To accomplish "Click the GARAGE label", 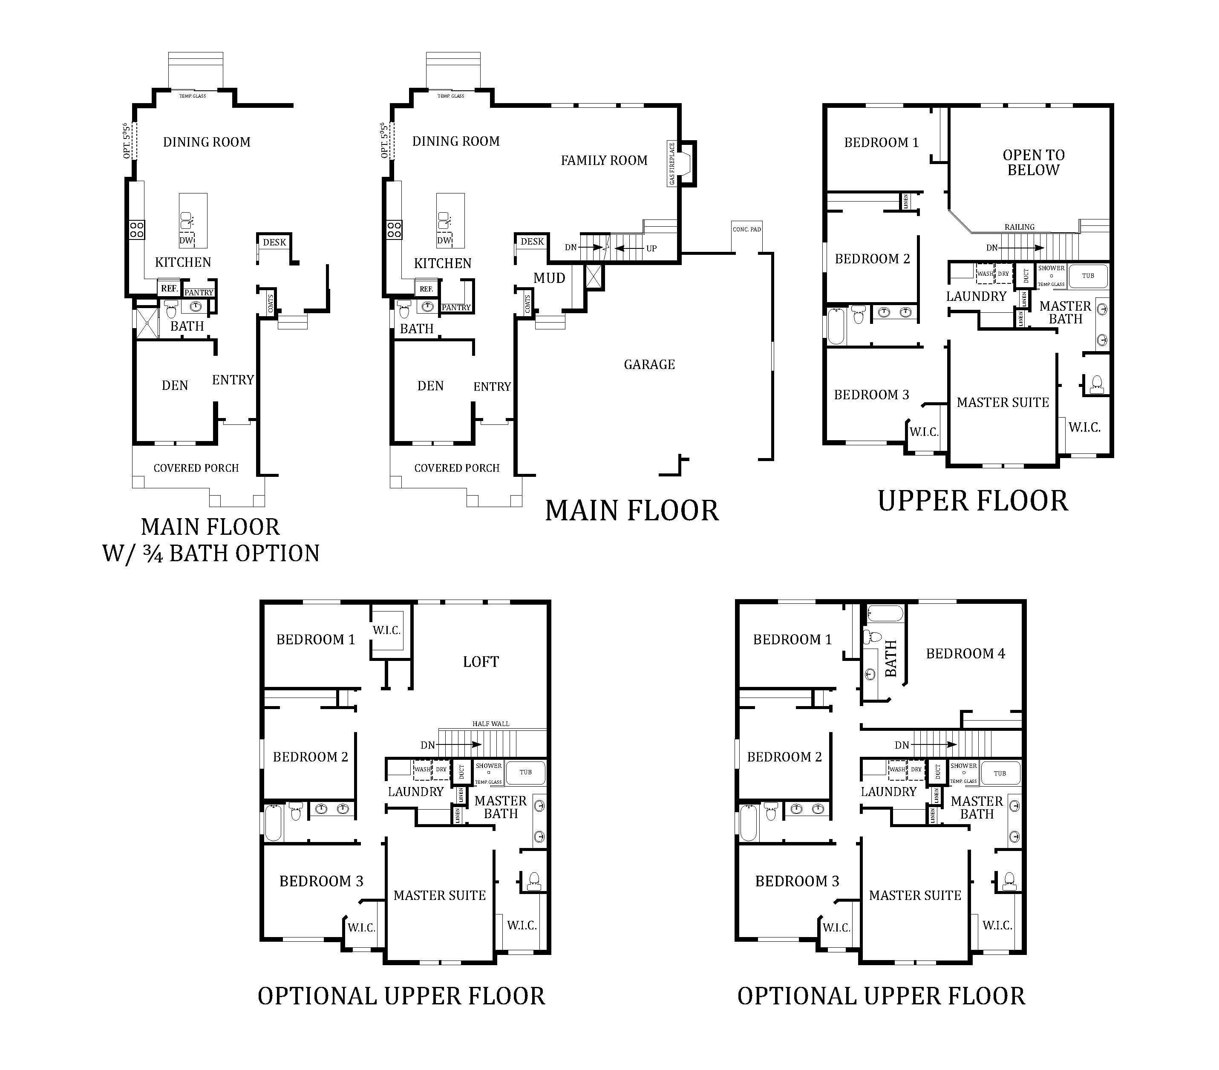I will click(649, 364).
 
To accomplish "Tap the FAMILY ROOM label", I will click(604, 161).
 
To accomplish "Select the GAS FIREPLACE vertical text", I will click(672, 164).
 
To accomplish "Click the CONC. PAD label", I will click(746, 229).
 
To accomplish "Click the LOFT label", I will click(481, 661).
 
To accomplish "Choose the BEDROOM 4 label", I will click(965, 654).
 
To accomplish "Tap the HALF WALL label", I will click(491, 724).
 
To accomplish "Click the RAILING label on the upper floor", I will click(1019, 227).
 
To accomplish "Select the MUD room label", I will click(549, 278).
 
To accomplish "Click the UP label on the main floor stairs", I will click(651, 248).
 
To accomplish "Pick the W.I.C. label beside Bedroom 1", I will click(386, 630).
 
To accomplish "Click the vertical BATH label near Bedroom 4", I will click(891, 658).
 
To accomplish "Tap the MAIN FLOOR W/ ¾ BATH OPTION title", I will click(210, 540).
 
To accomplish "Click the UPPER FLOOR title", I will click(972, 501).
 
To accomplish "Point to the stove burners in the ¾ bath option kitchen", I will click(137, 230).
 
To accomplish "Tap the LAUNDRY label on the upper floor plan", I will click(976, 297).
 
